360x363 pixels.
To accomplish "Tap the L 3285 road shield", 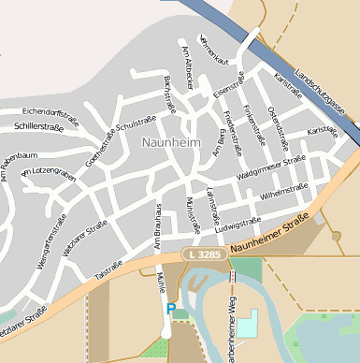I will point(204,254).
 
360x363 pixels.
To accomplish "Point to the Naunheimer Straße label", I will point(269,236).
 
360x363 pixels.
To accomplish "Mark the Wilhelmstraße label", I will point(284,190).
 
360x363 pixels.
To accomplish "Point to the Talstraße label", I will point(108,266).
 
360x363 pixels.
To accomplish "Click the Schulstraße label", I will point(134,123).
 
